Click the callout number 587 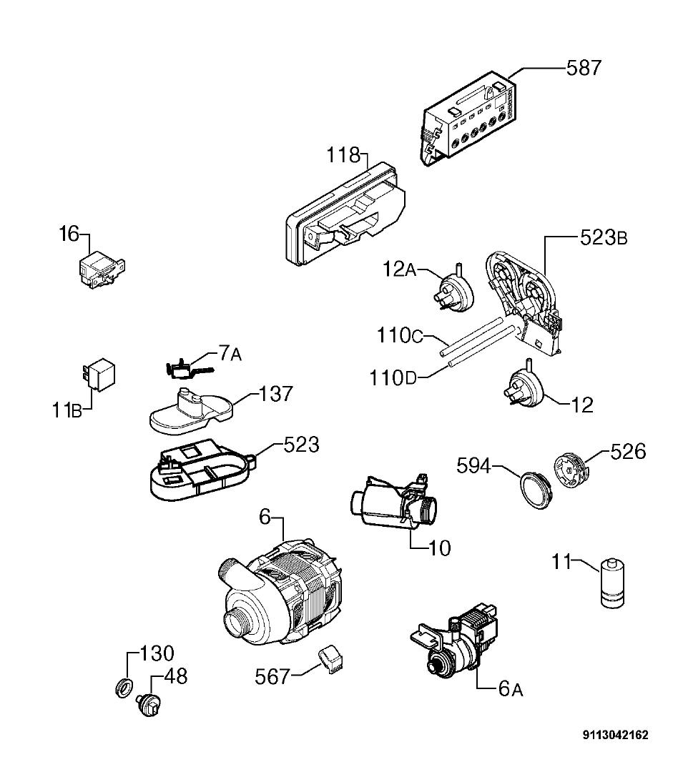[x=584, y=68]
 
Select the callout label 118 [x=344, y=155]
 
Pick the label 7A [x=230, y=354]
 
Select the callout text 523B [x=603, y=237]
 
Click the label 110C [x=400, y=335]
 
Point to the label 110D [x=393, y=377]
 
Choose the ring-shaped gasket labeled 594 [x=536, y=490]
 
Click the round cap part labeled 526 [x=570, y=471]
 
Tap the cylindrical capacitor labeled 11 [x=611, y=583]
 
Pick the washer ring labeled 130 [x=124, y=688]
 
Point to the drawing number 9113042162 [x=615, y=735]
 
